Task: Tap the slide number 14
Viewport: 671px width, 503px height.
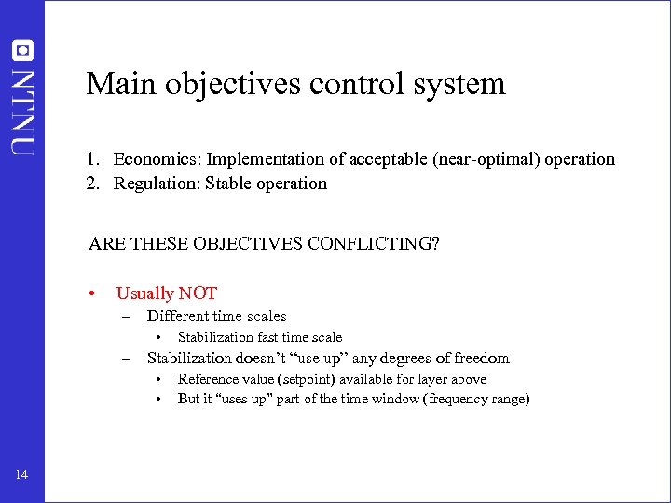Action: pyautogui.click(x=21, y=476)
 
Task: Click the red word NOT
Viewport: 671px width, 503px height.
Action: pyautogui.click(x=198, y=293)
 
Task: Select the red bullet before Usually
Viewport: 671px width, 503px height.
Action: pyautogui.click(x=92, y=294)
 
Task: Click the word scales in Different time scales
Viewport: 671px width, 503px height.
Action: pyautogui.click(x=265, y=317)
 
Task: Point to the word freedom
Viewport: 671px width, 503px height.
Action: pyautogui.click(x=482, y=358)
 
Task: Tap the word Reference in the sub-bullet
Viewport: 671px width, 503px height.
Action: pyautogui.click(x=208, y=379)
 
